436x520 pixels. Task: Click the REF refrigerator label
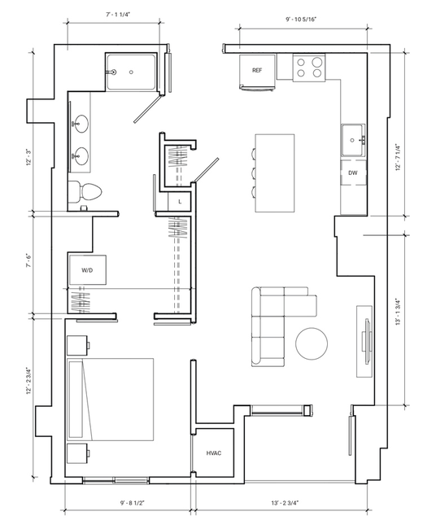point(257,70)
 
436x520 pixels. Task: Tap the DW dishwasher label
point(353,173)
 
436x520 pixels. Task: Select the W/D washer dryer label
point(87,270)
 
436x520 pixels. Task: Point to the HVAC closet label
point(214,453)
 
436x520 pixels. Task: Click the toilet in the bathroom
point(85,191)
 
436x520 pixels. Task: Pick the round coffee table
point(312,343)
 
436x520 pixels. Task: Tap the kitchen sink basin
point(353,140)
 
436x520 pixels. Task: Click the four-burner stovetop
point(309,68)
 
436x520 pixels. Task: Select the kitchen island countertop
point(275,173)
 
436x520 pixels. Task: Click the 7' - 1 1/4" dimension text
point(117,15)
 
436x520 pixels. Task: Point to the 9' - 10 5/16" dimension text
point(301,20)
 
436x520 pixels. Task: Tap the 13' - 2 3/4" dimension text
point(285,503)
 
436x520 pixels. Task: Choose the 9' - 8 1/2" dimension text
point(133,503)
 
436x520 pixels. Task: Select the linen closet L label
point(180,202)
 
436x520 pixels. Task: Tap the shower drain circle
point(131,72)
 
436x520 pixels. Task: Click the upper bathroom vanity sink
point(80,124)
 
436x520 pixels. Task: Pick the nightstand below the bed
point(78,453)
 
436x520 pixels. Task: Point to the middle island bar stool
point(254,173)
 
